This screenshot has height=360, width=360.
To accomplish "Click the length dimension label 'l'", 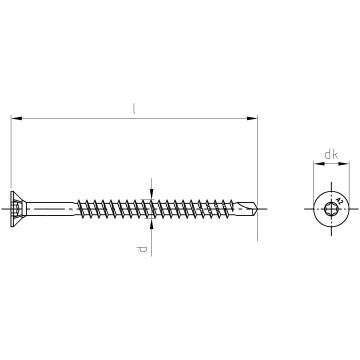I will coord(135,107).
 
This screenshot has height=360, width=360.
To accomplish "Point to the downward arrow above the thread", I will coord(149,191).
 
